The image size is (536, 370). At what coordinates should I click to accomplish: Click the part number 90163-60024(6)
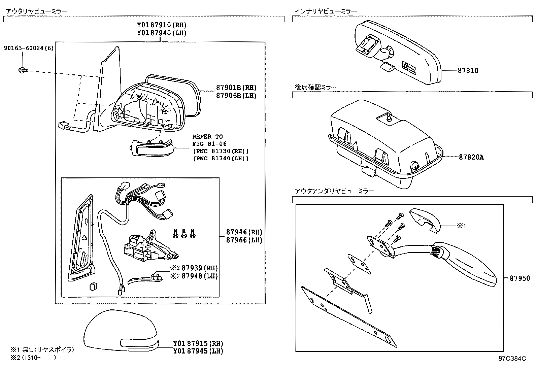tap(29, 48)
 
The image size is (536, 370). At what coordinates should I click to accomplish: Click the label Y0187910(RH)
tap(162, 25)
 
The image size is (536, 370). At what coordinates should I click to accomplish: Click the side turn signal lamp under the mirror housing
tap(152, 148)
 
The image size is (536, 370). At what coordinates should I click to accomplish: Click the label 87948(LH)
tap(199, 276)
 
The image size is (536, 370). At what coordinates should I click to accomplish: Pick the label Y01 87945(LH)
tap(198, 351)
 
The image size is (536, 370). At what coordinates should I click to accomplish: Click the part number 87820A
tap(471, 157)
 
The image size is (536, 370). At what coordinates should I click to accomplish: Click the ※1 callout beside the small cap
tap(461, 226)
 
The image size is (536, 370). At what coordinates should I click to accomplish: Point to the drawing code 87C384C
tap(512, 359)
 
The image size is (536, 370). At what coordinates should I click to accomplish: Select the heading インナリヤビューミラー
tap(326, 11)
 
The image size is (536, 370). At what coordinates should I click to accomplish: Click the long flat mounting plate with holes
tap(348, 316)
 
